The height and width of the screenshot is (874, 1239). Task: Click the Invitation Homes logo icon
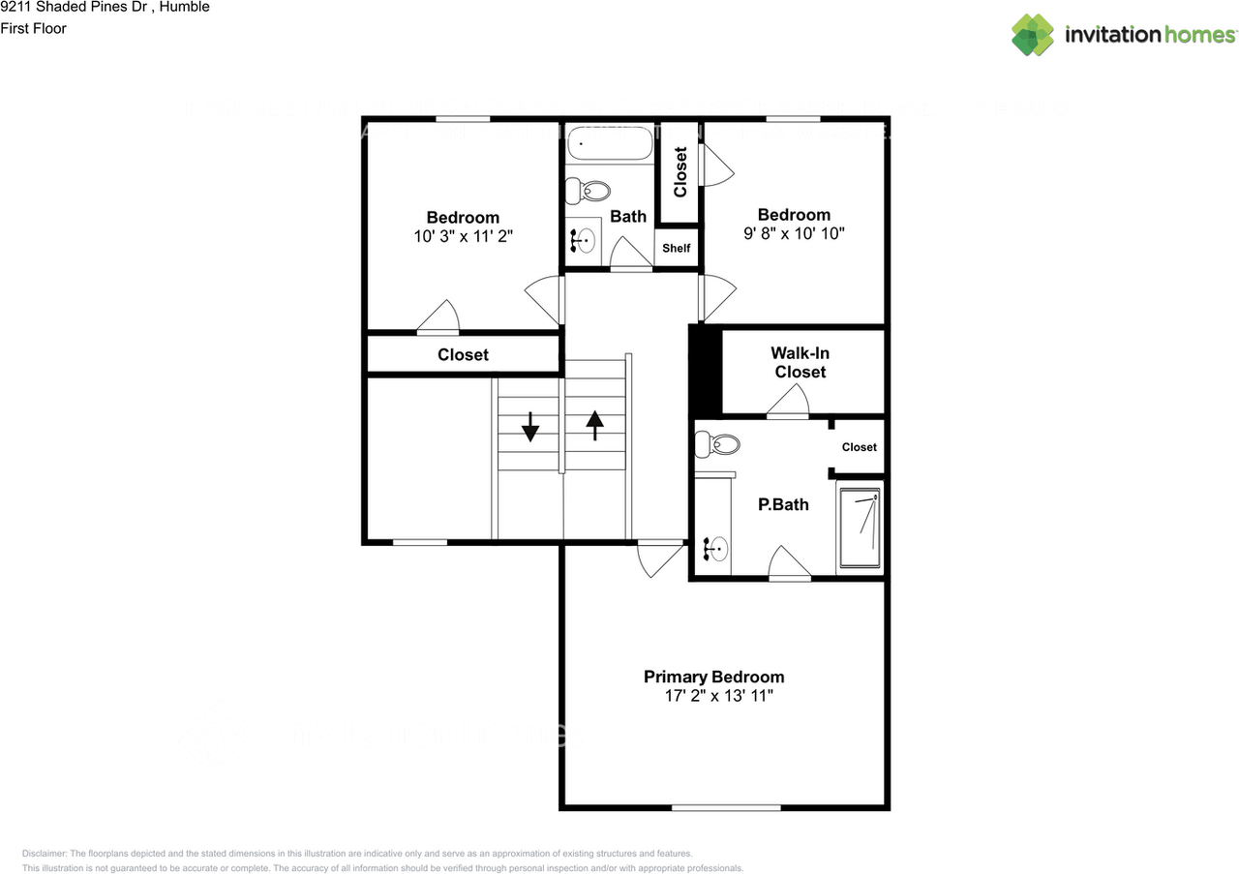point(1033,35)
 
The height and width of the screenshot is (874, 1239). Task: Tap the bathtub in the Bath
point(610,145)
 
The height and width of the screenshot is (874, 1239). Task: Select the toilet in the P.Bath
point(718,445)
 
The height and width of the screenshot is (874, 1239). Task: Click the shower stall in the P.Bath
point(860,528)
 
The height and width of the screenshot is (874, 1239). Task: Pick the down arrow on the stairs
point(529,427)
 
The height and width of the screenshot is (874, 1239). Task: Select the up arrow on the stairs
point(594,425)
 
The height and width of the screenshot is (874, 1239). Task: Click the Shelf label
point(676,249)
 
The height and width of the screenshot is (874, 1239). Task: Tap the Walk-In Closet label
point(800,363)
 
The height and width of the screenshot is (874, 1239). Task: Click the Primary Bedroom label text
point(713,677)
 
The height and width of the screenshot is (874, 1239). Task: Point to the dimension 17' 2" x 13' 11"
point(713,696)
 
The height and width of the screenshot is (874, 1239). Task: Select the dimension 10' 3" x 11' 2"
point(463,235)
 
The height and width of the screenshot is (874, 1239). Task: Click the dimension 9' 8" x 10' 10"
point(794,233)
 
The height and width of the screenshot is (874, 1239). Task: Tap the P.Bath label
point(783,504)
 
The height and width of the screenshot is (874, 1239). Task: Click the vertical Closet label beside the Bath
point(680,171)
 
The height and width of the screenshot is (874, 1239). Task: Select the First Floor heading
point(34,28)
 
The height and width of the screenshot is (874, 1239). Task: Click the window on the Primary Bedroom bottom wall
point(726,806)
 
